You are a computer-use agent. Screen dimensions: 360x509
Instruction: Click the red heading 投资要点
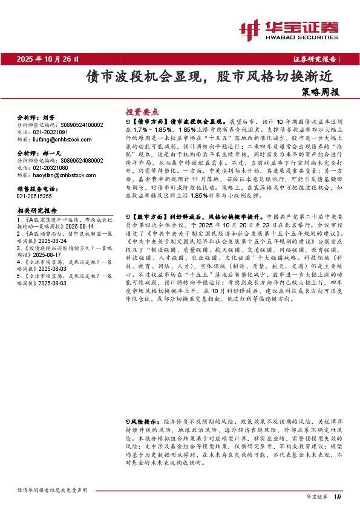[x=142, y=112]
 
